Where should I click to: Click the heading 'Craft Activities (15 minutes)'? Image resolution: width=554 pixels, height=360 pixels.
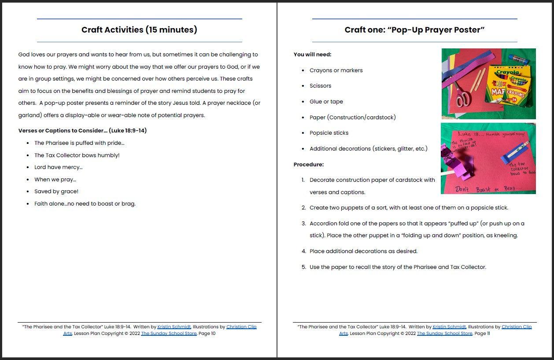coord(139,30)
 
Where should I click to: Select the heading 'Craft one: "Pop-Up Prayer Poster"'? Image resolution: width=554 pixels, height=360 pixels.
coord(414,30)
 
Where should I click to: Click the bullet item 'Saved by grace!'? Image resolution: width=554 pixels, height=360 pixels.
coord(56,191)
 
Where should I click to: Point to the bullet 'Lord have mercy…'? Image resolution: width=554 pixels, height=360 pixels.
coord(59,167)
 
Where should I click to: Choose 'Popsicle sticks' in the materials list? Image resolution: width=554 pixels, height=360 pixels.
coord(329,133)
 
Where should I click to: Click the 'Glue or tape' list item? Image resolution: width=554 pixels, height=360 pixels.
coord(326,102)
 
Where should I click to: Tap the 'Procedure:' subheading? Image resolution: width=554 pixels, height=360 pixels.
coord(309,165)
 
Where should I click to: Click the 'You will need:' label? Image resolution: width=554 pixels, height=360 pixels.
coord(313,55)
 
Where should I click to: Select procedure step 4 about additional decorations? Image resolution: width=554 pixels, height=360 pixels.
coord(363,251)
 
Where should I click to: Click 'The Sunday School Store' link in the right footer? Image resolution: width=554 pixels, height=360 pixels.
coord(444,334)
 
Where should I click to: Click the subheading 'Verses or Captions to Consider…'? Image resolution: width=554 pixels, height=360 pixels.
coord(82,131)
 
